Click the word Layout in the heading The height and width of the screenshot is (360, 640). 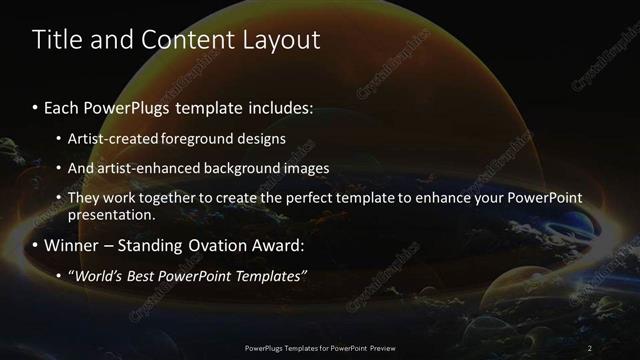click(x=281, y=40)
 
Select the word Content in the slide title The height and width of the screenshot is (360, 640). click(x=187, y=40)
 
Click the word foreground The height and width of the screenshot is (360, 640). click(x=193, y=139)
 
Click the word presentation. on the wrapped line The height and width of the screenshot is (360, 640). click(x=110, y=214)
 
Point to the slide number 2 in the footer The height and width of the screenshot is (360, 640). click(x=590, y=347)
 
